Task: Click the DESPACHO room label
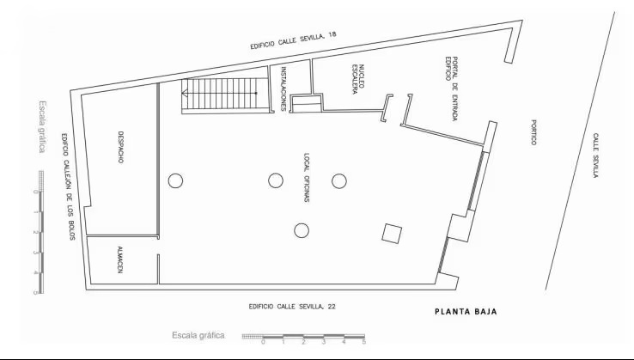coord(120,147)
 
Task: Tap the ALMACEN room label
coord(119,259)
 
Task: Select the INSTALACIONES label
coord(283,89)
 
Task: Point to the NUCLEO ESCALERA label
coord(358,79)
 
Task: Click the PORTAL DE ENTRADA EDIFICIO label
coord(452,88)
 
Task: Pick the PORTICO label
coord(533,132)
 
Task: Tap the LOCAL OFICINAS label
coord(307,178)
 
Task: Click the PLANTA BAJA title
coord(466,312)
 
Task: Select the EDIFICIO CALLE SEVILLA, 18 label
coord(293,40)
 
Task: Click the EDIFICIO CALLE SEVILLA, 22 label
coord(292,307)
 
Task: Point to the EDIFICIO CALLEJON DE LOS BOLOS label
coord(68,186)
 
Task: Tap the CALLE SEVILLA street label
coord(595,156)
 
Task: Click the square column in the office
coord(392,234)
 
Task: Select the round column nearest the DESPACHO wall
coord(175,180)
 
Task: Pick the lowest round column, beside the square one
coord(302,230)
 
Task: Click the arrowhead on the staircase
coord(185,94)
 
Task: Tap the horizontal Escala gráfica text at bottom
coord(198,335)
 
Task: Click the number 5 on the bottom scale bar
coord(364,342)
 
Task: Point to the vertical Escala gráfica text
coord(41,126)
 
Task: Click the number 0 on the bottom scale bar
coord(263,342)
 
